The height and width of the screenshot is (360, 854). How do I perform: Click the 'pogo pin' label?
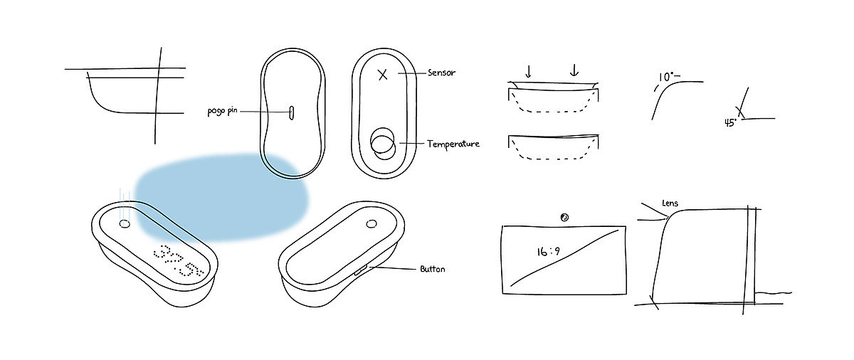(222, 112)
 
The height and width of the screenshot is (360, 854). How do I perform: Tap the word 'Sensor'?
(441, 73)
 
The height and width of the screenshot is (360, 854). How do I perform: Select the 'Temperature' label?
(453, 144)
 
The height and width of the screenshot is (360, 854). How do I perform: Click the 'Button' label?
(432, 270)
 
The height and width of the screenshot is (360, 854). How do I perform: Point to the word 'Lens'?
(670, 203)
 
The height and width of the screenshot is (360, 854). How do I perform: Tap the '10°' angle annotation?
(668, 76)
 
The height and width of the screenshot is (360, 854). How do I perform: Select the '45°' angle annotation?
(730, 122)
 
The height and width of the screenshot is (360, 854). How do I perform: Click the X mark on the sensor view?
(383, 74)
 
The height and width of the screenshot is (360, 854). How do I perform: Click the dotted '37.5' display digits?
(178, 261)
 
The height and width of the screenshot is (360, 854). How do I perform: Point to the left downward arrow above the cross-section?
(528, 71)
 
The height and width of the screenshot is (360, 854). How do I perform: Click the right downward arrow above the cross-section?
(574, 71)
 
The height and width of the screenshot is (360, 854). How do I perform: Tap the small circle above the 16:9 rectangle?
(564, 217)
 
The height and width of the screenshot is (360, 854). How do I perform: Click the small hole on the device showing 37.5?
(125, 224)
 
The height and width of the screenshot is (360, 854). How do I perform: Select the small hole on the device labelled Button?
(371, 224)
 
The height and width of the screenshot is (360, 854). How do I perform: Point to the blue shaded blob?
(221, 196)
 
